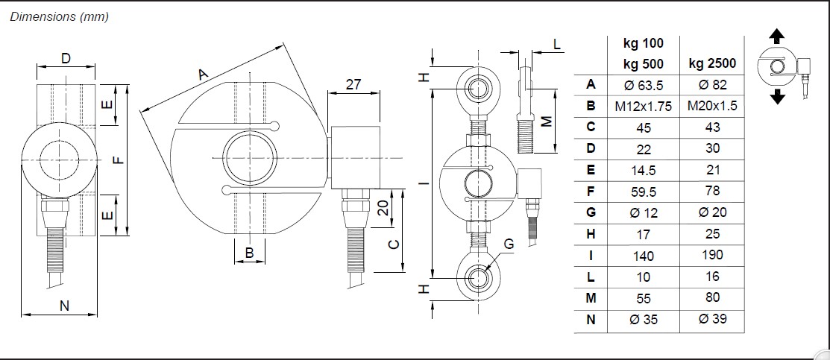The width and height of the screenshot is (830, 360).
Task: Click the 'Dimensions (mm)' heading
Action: [60, 17]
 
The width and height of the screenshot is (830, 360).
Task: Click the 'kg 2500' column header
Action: [712, 63]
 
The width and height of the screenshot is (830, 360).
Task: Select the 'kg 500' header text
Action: [643, 63]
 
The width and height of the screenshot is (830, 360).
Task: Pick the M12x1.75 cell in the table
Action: [643, 107]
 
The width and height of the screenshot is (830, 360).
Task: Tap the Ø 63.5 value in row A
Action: [643, 85]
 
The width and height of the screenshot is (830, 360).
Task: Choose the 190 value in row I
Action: [712, 255]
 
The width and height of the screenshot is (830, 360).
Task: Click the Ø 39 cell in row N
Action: [712, 320]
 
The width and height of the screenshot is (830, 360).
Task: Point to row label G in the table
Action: [591, 212]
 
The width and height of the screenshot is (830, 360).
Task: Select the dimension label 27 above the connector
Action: [353, 85]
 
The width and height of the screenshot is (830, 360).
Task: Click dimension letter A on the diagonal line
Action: [201, 74]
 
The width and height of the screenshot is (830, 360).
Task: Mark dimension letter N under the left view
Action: [64, 304]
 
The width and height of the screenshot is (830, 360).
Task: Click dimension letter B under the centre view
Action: [250, 253]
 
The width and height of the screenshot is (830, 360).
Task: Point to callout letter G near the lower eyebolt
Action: [508, 244]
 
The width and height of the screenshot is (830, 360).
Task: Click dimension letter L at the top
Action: [557, 45]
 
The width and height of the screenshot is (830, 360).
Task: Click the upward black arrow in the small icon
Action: [777, 36]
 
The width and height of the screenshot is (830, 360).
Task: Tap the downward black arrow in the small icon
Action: [777, 97]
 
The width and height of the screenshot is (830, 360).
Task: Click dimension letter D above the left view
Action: [66, 58]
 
